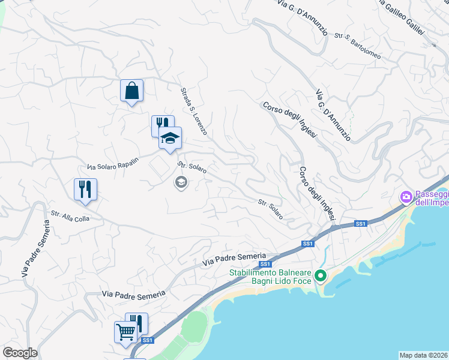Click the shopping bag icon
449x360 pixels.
tap(131, 91)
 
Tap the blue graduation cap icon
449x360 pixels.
tap(170, 138)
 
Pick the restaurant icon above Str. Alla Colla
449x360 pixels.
tap(86, 189)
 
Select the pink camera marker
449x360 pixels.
tap(406, 196)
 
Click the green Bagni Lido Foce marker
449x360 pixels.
tap(321, 276)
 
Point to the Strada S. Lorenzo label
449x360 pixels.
tap(194, 111)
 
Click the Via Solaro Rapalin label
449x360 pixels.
tap(113, 163)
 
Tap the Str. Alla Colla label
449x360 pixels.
tap(70, 216)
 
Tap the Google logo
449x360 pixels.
tap(20, 353)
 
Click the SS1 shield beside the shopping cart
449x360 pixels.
tap(148, 340)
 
